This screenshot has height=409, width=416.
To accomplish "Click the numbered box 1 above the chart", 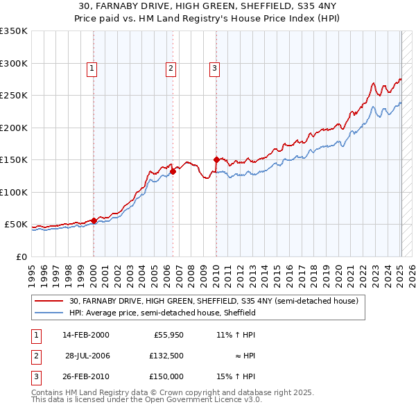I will pyautogui.click(x=92, y=68).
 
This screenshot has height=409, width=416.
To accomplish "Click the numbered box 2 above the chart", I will pyautogui.click(x=170, y=68).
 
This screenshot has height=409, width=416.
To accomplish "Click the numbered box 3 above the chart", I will pyautogui.click(x=214, y=68).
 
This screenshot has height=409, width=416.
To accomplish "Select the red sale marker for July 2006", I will pyautogui.click(x=173, y=171).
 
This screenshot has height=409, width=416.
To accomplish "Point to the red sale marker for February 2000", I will pyautogui.click(x=94, y=220).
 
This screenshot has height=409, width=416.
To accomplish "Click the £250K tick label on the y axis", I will pyautogui.click(x=14, y=96).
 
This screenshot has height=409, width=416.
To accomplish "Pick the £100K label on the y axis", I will pyautogui.click(x=14, y=192).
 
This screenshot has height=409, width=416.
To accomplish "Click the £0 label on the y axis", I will pyautogui.click(x=20, y=256).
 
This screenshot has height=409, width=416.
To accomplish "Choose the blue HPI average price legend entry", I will pyautogui.click(x=162, y=313).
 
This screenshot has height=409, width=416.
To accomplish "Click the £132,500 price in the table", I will pyautogui.click(x=165, y=355).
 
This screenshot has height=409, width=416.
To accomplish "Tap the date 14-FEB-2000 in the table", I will pyautogui.click(x=85, y=334).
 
